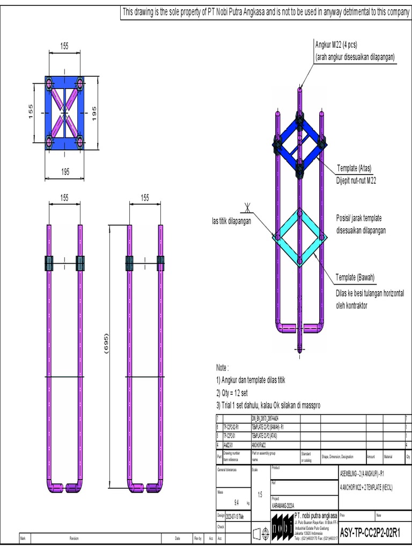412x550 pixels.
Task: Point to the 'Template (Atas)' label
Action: point(354,168)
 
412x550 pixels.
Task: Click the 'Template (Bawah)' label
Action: point(355,277)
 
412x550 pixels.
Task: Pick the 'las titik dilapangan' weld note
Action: point(231,221)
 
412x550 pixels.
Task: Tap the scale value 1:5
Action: point(260,495)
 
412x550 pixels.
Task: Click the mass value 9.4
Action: point(236,503)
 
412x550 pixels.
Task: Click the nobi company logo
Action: point(282,525)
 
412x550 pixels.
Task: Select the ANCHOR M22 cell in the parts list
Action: point(261,445)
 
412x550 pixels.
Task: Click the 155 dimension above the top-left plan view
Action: point(64,47)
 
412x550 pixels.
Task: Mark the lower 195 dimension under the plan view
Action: point(64,171)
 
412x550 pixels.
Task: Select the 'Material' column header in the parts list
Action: point(388,457)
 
